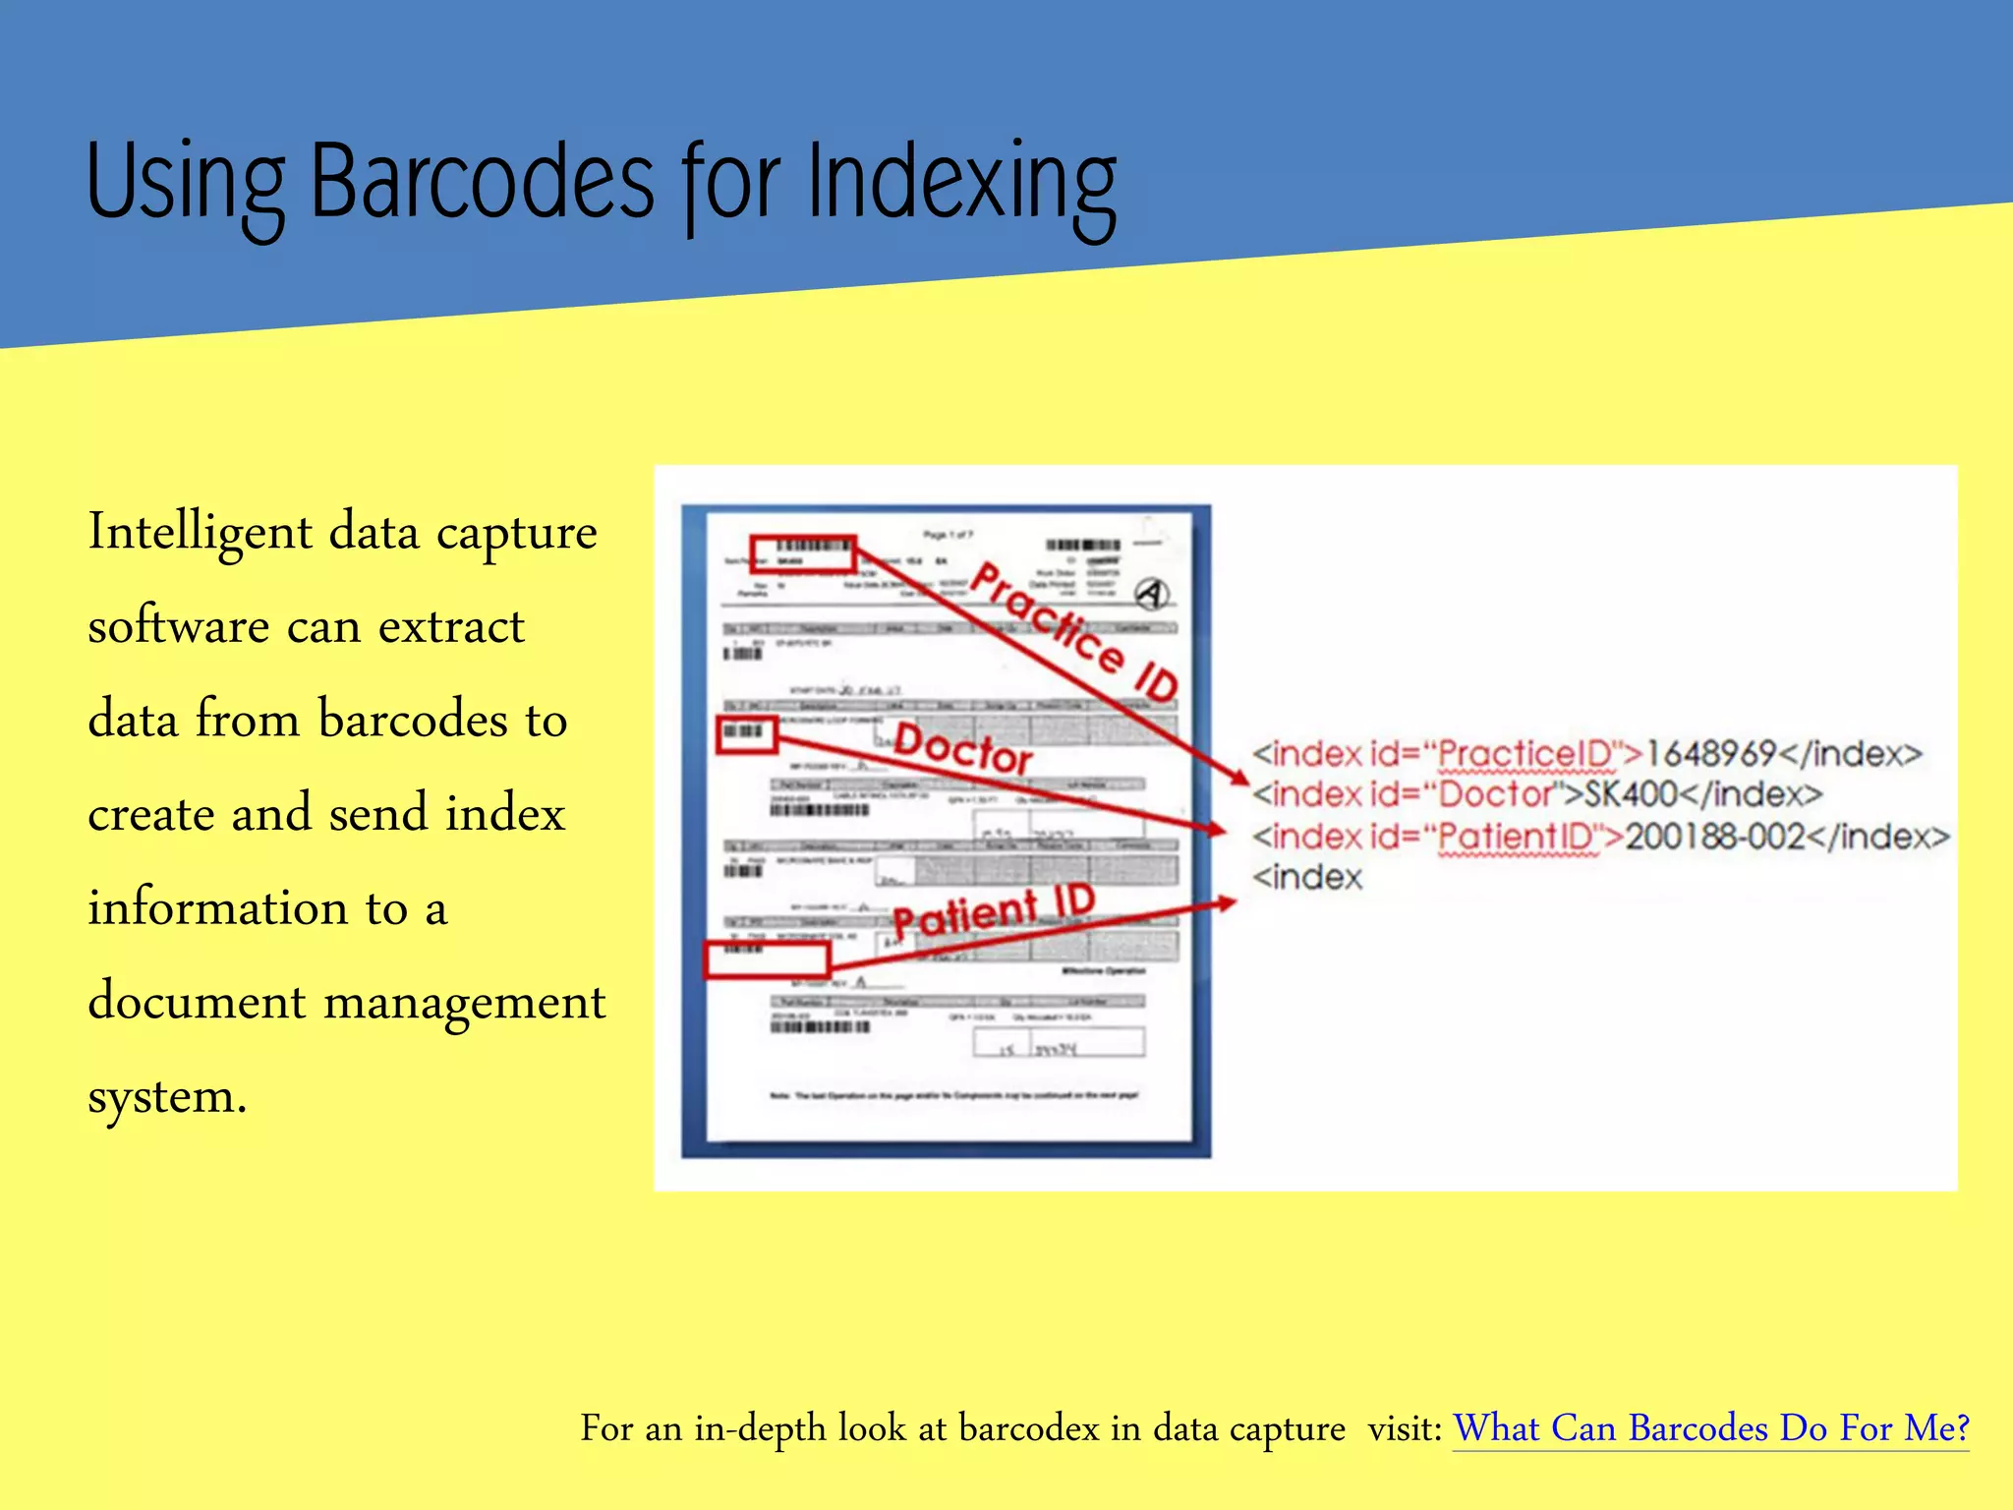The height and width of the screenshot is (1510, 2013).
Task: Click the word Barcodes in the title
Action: click(482, 182)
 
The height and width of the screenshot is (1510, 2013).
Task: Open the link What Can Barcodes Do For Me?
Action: click(1711, 1428)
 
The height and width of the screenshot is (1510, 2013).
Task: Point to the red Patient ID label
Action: click(993, 910)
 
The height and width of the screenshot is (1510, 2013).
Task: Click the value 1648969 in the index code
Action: click(1710, 754)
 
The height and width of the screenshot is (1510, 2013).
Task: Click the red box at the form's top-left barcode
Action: click(803, 554)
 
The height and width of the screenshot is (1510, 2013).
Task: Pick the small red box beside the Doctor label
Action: click(747, 734)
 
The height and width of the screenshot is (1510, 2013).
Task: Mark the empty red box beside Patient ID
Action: click(767, 960)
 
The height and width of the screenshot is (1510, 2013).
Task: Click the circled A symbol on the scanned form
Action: click(1152, 594)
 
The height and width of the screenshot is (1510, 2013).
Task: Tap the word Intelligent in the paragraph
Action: click(201, 534)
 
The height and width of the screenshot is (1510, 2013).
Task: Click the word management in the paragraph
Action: click(464, 1003)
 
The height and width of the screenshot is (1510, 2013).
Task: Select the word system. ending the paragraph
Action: click(167, 1097)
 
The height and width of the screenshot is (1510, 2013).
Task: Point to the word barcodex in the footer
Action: click(1028, 1428)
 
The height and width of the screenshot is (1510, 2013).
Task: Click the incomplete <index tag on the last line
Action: click(1307, 877)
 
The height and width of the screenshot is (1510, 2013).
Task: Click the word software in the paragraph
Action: click(179, 627)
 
